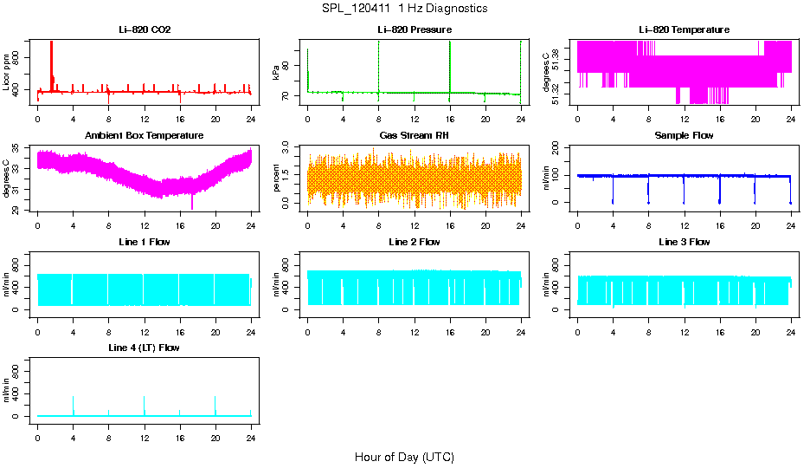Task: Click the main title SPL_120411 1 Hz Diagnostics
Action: point(405,9)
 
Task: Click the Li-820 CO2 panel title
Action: point(145,30)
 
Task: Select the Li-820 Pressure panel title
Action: point(414,30)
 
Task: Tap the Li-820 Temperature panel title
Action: point(684,30)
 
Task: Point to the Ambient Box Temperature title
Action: point(145,136)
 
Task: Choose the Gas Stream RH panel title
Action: point(414,136)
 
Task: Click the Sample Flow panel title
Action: point(684,136)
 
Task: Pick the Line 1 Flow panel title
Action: point(145,242)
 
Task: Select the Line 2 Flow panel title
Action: point(414,242)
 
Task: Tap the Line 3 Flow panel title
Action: point(684,242)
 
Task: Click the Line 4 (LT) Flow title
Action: point(145,348)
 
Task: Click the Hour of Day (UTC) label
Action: point(404,457)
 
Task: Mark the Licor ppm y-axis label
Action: point(7,71)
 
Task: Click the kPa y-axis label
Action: point(277,72)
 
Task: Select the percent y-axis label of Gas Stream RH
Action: point(277,178)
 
